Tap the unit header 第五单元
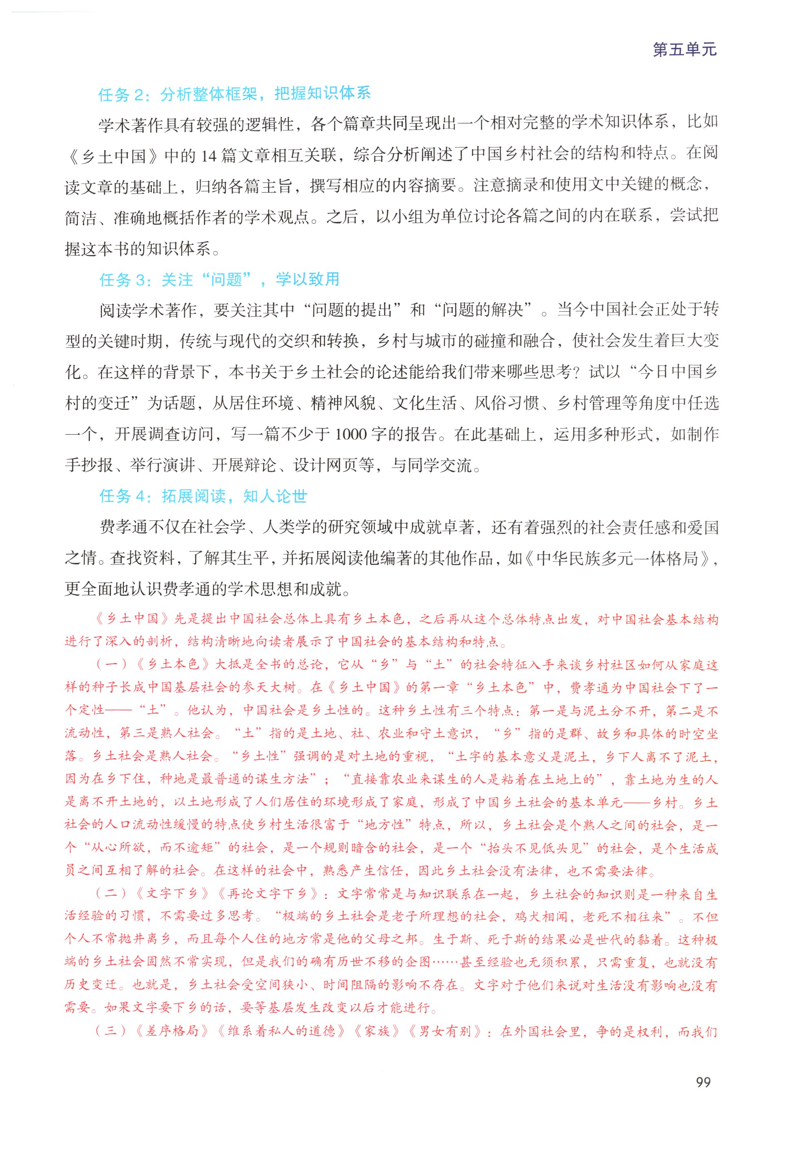tap(685, 49)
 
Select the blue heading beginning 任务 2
tap(234, 94)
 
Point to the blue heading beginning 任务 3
tap(219, 280)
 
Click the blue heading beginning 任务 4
tap(203, 496)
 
